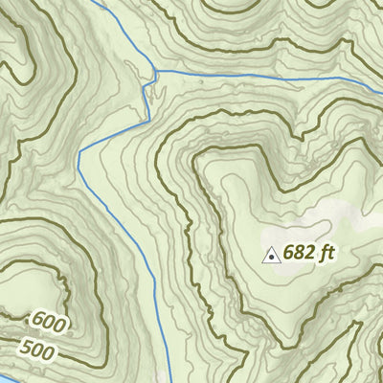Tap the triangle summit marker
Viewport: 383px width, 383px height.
pos(271,256)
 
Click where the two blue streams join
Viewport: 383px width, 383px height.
pos(153,72)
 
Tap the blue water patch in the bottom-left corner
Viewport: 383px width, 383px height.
pos(5,379)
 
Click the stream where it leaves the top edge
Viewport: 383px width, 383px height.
pos(99,2)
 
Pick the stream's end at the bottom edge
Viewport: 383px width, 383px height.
pos(170,380)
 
